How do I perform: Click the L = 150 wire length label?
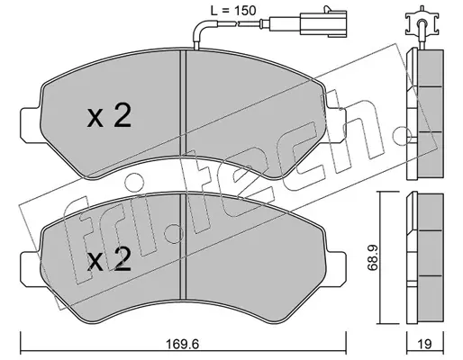coord(233,11)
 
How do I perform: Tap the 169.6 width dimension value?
coord(183,344)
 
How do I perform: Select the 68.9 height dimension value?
coord(373,257)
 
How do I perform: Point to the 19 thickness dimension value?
coord(424,344)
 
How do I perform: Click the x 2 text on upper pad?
coord(109,116)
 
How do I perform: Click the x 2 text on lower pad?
coord(109,259)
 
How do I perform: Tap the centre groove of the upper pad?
coord(183,102)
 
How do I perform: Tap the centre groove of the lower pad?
coord(183,246)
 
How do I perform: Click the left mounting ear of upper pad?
coord(30,125)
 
